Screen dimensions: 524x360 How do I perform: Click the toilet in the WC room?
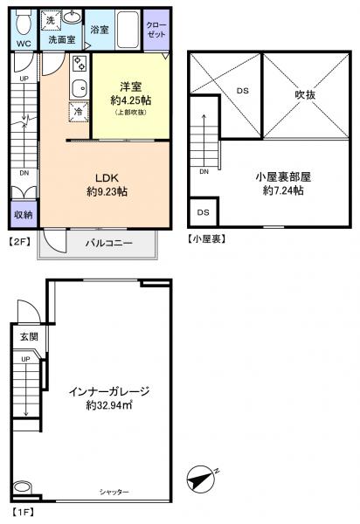(24, 19)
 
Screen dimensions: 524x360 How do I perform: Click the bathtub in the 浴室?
(128, 25)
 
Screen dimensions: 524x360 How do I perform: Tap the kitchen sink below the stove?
(77, 88)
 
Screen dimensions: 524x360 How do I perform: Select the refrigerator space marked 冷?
(79, 112)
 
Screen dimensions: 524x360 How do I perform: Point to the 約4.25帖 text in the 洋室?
(128, 100)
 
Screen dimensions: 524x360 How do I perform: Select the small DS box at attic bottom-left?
(203, 212)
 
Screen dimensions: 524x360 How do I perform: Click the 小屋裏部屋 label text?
(282, 175)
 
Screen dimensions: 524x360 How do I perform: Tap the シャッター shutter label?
(114, 493)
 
